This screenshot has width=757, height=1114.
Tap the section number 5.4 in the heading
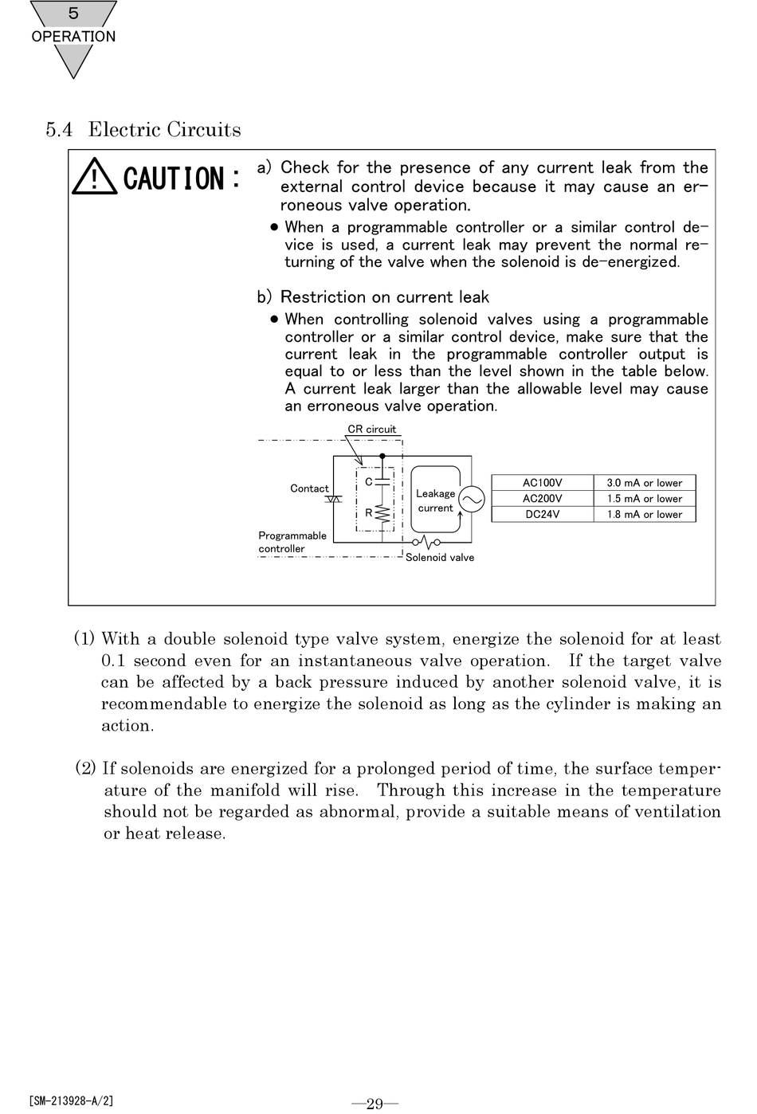pyautogui.click(x=58, y=130)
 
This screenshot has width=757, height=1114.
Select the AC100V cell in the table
pyautogui.click(x=542, y=483)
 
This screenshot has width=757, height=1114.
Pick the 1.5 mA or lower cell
pyautogui.click(x=644, y=499)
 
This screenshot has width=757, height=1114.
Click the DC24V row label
pyautogui.click(x=542, y=515)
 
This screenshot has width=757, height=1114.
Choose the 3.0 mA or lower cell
pyautogui.click(x=644, y=483)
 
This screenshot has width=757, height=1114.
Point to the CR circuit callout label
pyautogui.click(x=371, y=430)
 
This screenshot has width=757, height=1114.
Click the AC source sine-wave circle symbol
pyautogui.click(x=472, y=500)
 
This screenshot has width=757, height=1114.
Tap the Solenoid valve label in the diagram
pyautogui.click(x=439, y=558)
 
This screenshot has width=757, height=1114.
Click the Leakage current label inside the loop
pyautogui.click(x=435, y=500)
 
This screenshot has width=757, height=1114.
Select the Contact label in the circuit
pyautogui.click(x=309, y=488)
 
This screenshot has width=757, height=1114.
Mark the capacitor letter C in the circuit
pyautogui.click(x=369, y=482)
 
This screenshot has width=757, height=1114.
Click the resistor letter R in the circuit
pyautogui.click(x=369, y=513)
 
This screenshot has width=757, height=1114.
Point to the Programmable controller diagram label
pyautogui.click(x=292, y=542)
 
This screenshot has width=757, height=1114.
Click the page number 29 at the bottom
pyautogui.click(x=375, y=1103)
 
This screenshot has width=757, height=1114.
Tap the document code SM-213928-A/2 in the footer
pyautogui.click(x=71, y=1101)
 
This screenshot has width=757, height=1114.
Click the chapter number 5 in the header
pyautogui.click(x=73, y=14)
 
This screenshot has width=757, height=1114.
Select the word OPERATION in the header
pyautogui.click(x=73, y=37)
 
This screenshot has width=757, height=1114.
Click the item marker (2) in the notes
pyautogui.click(x=85, y=768)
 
